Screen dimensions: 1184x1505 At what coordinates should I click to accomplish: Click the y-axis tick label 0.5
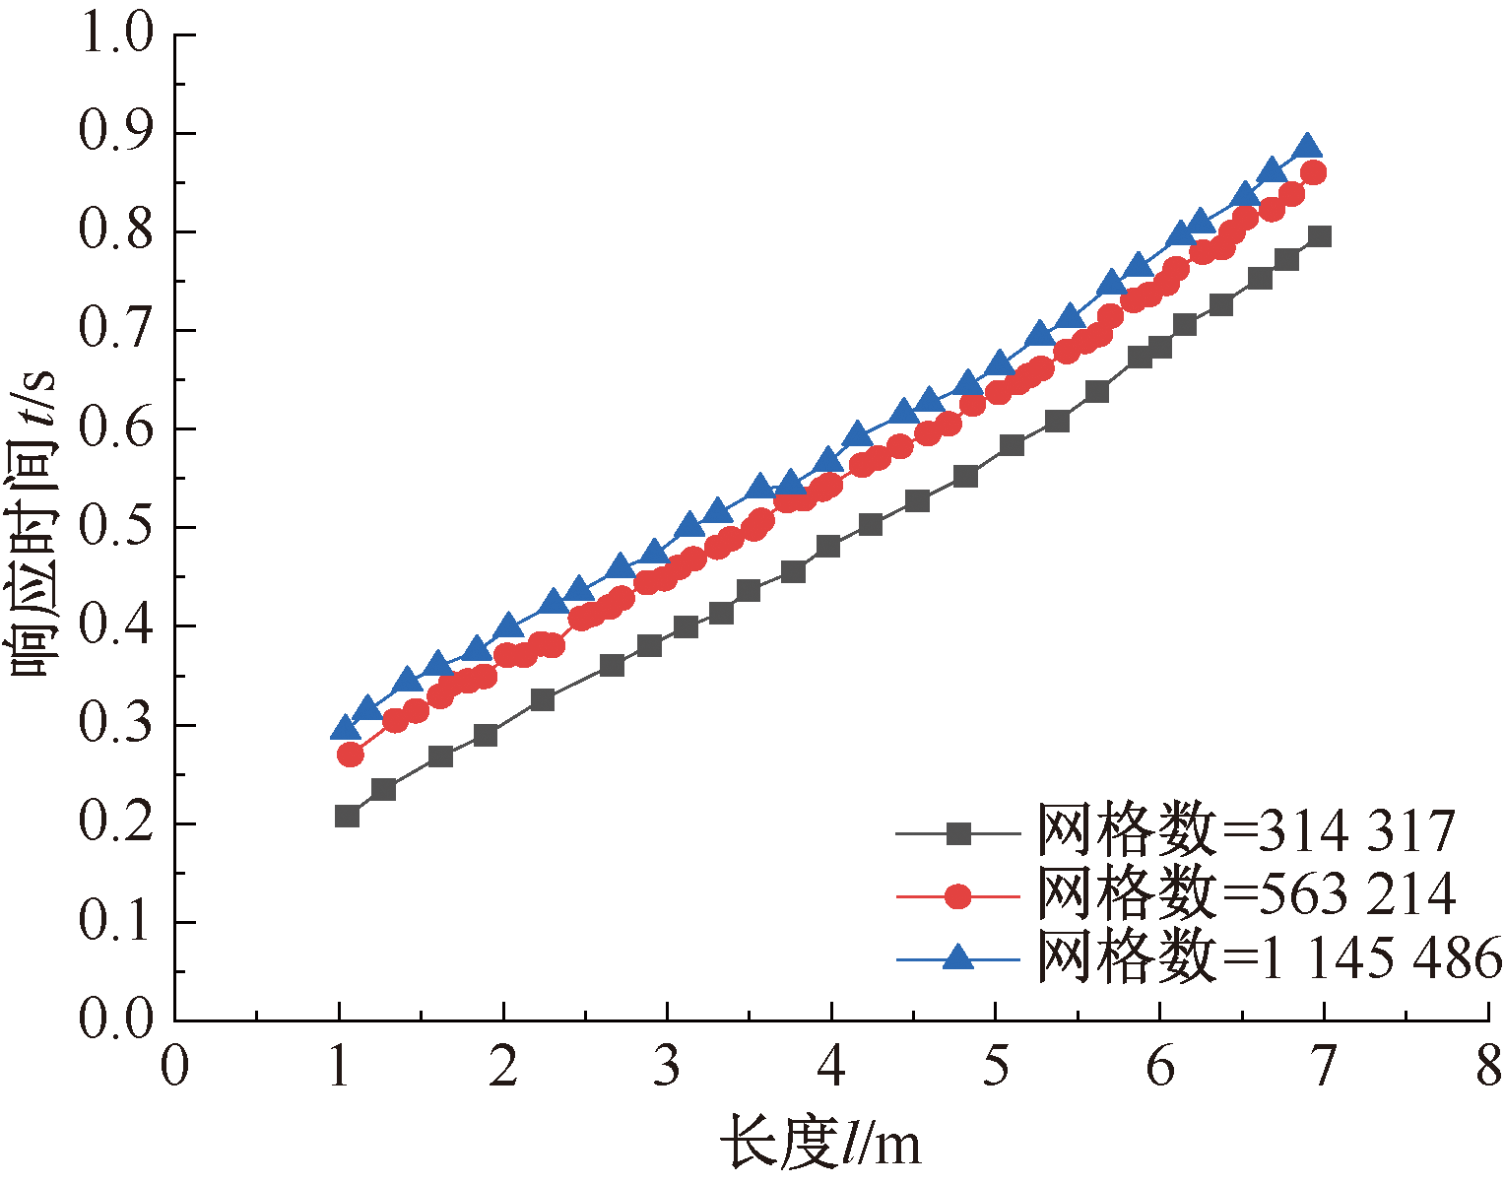pos(116,528)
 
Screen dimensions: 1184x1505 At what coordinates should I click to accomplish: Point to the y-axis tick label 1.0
pos(116,35)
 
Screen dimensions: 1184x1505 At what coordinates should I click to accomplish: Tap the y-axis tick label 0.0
pos(116,1020)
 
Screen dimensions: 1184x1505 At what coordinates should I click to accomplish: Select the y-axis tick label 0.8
pos(116,232)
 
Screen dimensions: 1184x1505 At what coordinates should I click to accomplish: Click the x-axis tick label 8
pos(1487,1068)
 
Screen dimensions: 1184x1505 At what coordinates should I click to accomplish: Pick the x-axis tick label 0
pos(175,1068)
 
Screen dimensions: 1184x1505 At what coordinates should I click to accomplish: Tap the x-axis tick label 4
pos(831,1068)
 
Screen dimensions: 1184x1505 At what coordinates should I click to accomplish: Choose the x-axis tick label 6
pos(1159,1068)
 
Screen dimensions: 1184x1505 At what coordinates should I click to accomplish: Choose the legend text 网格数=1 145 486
pos(1270,956)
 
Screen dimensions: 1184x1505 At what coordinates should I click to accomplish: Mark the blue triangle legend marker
pos(957,955)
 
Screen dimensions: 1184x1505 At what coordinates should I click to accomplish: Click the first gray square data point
pos(347,816)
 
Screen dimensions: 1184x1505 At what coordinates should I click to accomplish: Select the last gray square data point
pos(1320,236)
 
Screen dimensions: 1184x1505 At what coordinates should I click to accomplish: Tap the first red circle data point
pos(350,755)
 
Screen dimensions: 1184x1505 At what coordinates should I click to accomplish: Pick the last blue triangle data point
pos(1308,147)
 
